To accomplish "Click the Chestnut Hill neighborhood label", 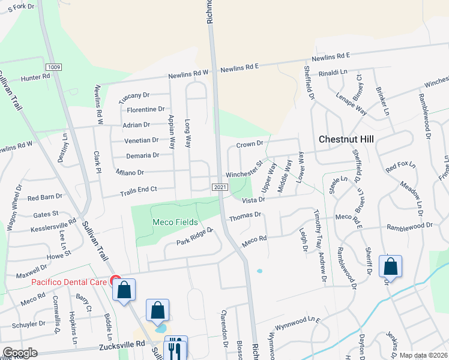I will [346, 139].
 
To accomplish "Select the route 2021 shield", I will [220, 188].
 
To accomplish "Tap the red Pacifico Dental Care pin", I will [116, 280].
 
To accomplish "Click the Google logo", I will [20, 353].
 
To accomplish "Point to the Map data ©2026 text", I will [423, 355].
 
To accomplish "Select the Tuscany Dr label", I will [133, 95].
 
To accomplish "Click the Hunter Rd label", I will [35, 77].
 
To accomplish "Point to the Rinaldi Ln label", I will [333, 72].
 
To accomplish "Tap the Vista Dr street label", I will [253, 200].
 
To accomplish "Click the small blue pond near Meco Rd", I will [259, 271].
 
